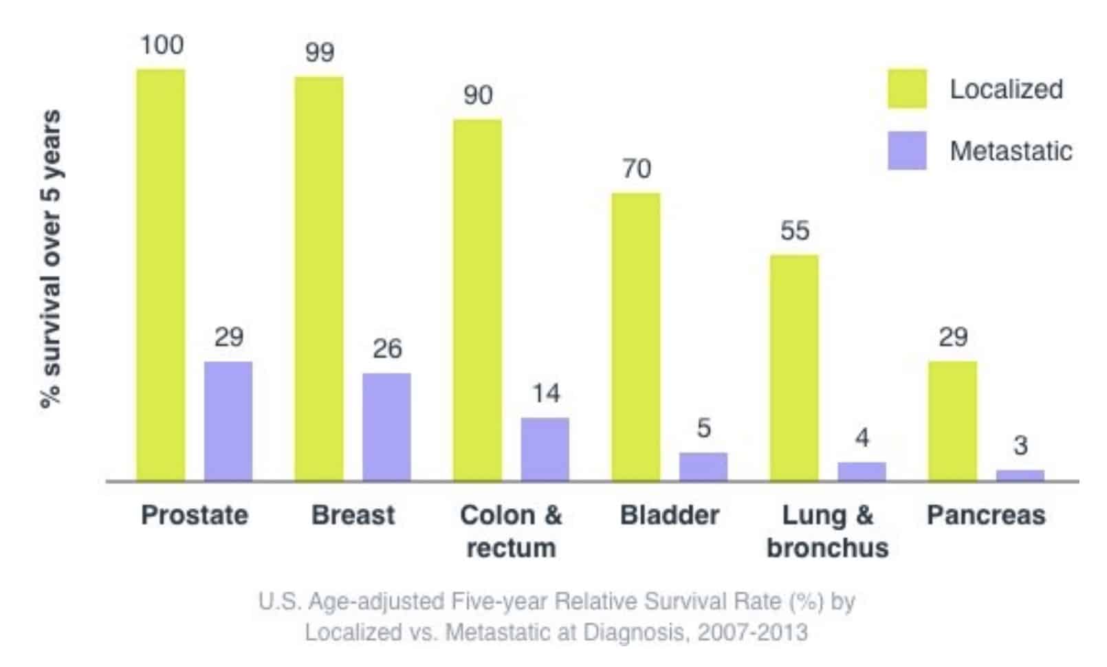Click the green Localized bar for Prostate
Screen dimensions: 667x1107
point(161,275)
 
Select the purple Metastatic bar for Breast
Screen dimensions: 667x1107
point(386,426)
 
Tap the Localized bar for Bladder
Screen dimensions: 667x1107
point(636,337)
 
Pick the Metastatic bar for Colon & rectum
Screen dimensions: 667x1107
point(545,448)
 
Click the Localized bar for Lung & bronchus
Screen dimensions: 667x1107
point(794,368)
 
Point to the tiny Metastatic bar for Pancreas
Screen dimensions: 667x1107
point(1020,475)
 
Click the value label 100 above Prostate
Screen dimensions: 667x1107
point(162,45)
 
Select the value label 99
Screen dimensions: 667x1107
point(320,53)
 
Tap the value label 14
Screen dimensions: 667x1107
point(546,393)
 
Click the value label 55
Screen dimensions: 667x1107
point(795,230)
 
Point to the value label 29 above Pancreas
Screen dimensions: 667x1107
point(953,337)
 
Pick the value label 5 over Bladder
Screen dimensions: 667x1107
point(703,428)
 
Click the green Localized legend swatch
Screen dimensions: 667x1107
point(907,89)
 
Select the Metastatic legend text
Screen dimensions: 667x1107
point(1011,151)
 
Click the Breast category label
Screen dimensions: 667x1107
point(353,514)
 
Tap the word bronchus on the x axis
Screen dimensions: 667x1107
point(828,548)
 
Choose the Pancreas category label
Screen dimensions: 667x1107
point(986,514)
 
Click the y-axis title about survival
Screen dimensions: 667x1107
point(51,260)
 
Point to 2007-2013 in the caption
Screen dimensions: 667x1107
point(752,631)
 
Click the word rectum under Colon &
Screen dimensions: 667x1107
point(511,548)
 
